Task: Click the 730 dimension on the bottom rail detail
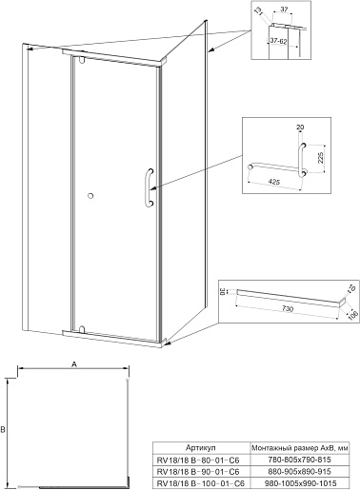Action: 288,308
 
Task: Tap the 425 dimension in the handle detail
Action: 274,182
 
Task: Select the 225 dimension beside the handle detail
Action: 320,158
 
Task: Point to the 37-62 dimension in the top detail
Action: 278,41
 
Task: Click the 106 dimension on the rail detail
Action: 352,315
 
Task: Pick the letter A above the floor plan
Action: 74,364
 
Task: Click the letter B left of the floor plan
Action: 3,430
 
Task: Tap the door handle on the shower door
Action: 150,187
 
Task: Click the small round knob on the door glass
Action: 90,196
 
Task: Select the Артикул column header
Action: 201,448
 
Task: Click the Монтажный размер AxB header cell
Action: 300,448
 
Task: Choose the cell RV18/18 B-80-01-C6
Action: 198,460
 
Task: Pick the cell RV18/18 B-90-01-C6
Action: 198,472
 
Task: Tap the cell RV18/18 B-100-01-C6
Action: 199,483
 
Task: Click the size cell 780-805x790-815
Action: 300,460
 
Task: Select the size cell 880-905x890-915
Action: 300,471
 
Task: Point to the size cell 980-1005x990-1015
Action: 300,483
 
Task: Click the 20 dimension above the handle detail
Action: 300,127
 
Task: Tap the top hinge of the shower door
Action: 82,60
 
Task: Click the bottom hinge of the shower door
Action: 82,329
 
